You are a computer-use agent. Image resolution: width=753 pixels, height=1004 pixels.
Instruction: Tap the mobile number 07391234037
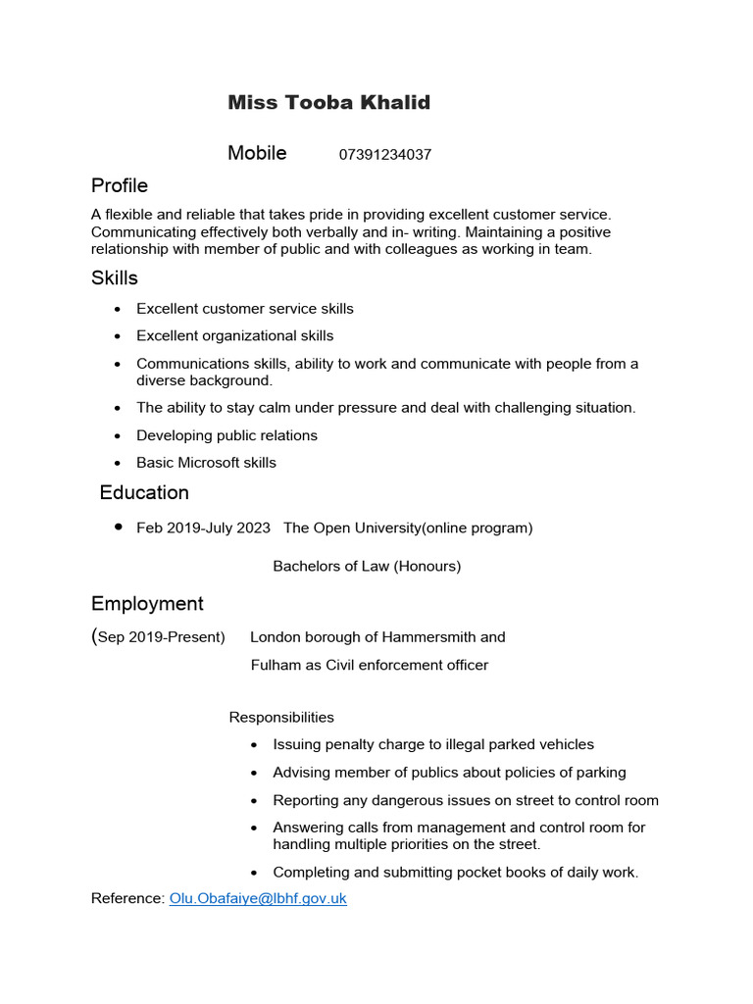point(385,155)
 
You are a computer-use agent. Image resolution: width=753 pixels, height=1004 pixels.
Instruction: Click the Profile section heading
point(120,185)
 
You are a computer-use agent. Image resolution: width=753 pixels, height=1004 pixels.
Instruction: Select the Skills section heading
point(115,278)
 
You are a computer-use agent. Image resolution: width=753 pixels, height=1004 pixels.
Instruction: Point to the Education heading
point(144,492)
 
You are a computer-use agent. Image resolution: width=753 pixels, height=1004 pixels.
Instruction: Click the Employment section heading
point(147,603)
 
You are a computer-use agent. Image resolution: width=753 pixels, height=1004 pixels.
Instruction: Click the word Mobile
point(257,153)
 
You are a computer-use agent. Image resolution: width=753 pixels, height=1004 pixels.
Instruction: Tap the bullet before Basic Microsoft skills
point(118,463)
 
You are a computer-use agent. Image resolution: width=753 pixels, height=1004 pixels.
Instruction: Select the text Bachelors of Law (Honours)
point(367,566)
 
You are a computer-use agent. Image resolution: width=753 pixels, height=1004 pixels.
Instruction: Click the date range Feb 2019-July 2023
point(203,527)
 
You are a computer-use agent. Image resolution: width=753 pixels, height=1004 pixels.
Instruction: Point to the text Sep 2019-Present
point(162,637)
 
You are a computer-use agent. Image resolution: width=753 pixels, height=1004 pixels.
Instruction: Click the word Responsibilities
point(281,718)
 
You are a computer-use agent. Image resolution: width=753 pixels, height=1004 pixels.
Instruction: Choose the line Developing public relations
point(226,435)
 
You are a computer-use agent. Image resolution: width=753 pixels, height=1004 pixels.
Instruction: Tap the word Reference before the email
point(125,898)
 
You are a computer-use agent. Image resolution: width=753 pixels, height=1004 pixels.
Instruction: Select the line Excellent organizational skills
point(234,336)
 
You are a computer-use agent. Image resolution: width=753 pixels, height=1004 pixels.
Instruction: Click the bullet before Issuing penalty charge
point(255,745)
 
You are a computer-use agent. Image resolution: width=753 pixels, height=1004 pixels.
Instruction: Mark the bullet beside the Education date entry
point(118,527)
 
